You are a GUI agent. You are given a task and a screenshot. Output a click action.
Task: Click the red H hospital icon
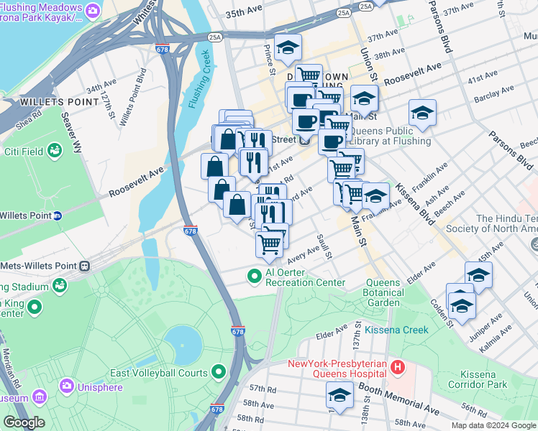(x=398, y=369)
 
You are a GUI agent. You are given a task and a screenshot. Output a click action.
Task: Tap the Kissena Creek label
(x=396, y=330)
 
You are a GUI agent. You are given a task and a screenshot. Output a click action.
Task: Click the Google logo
(x=24, y=422)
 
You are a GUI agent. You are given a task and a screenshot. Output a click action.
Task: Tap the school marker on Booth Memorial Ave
(x=339, y=396)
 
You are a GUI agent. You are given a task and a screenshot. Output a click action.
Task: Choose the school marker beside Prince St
(x=288, y=48)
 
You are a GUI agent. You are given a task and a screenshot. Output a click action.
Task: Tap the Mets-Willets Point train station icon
(x=84, y=265)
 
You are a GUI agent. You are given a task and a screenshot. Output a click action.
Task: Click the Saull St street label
(x=322, y=246)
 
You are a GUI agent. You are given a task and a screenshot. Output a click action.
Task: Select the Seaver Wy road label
(x=73, y=127)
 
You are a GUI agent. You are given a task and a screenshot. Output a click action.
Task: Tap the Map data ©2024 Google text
(x=493, y=425)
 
